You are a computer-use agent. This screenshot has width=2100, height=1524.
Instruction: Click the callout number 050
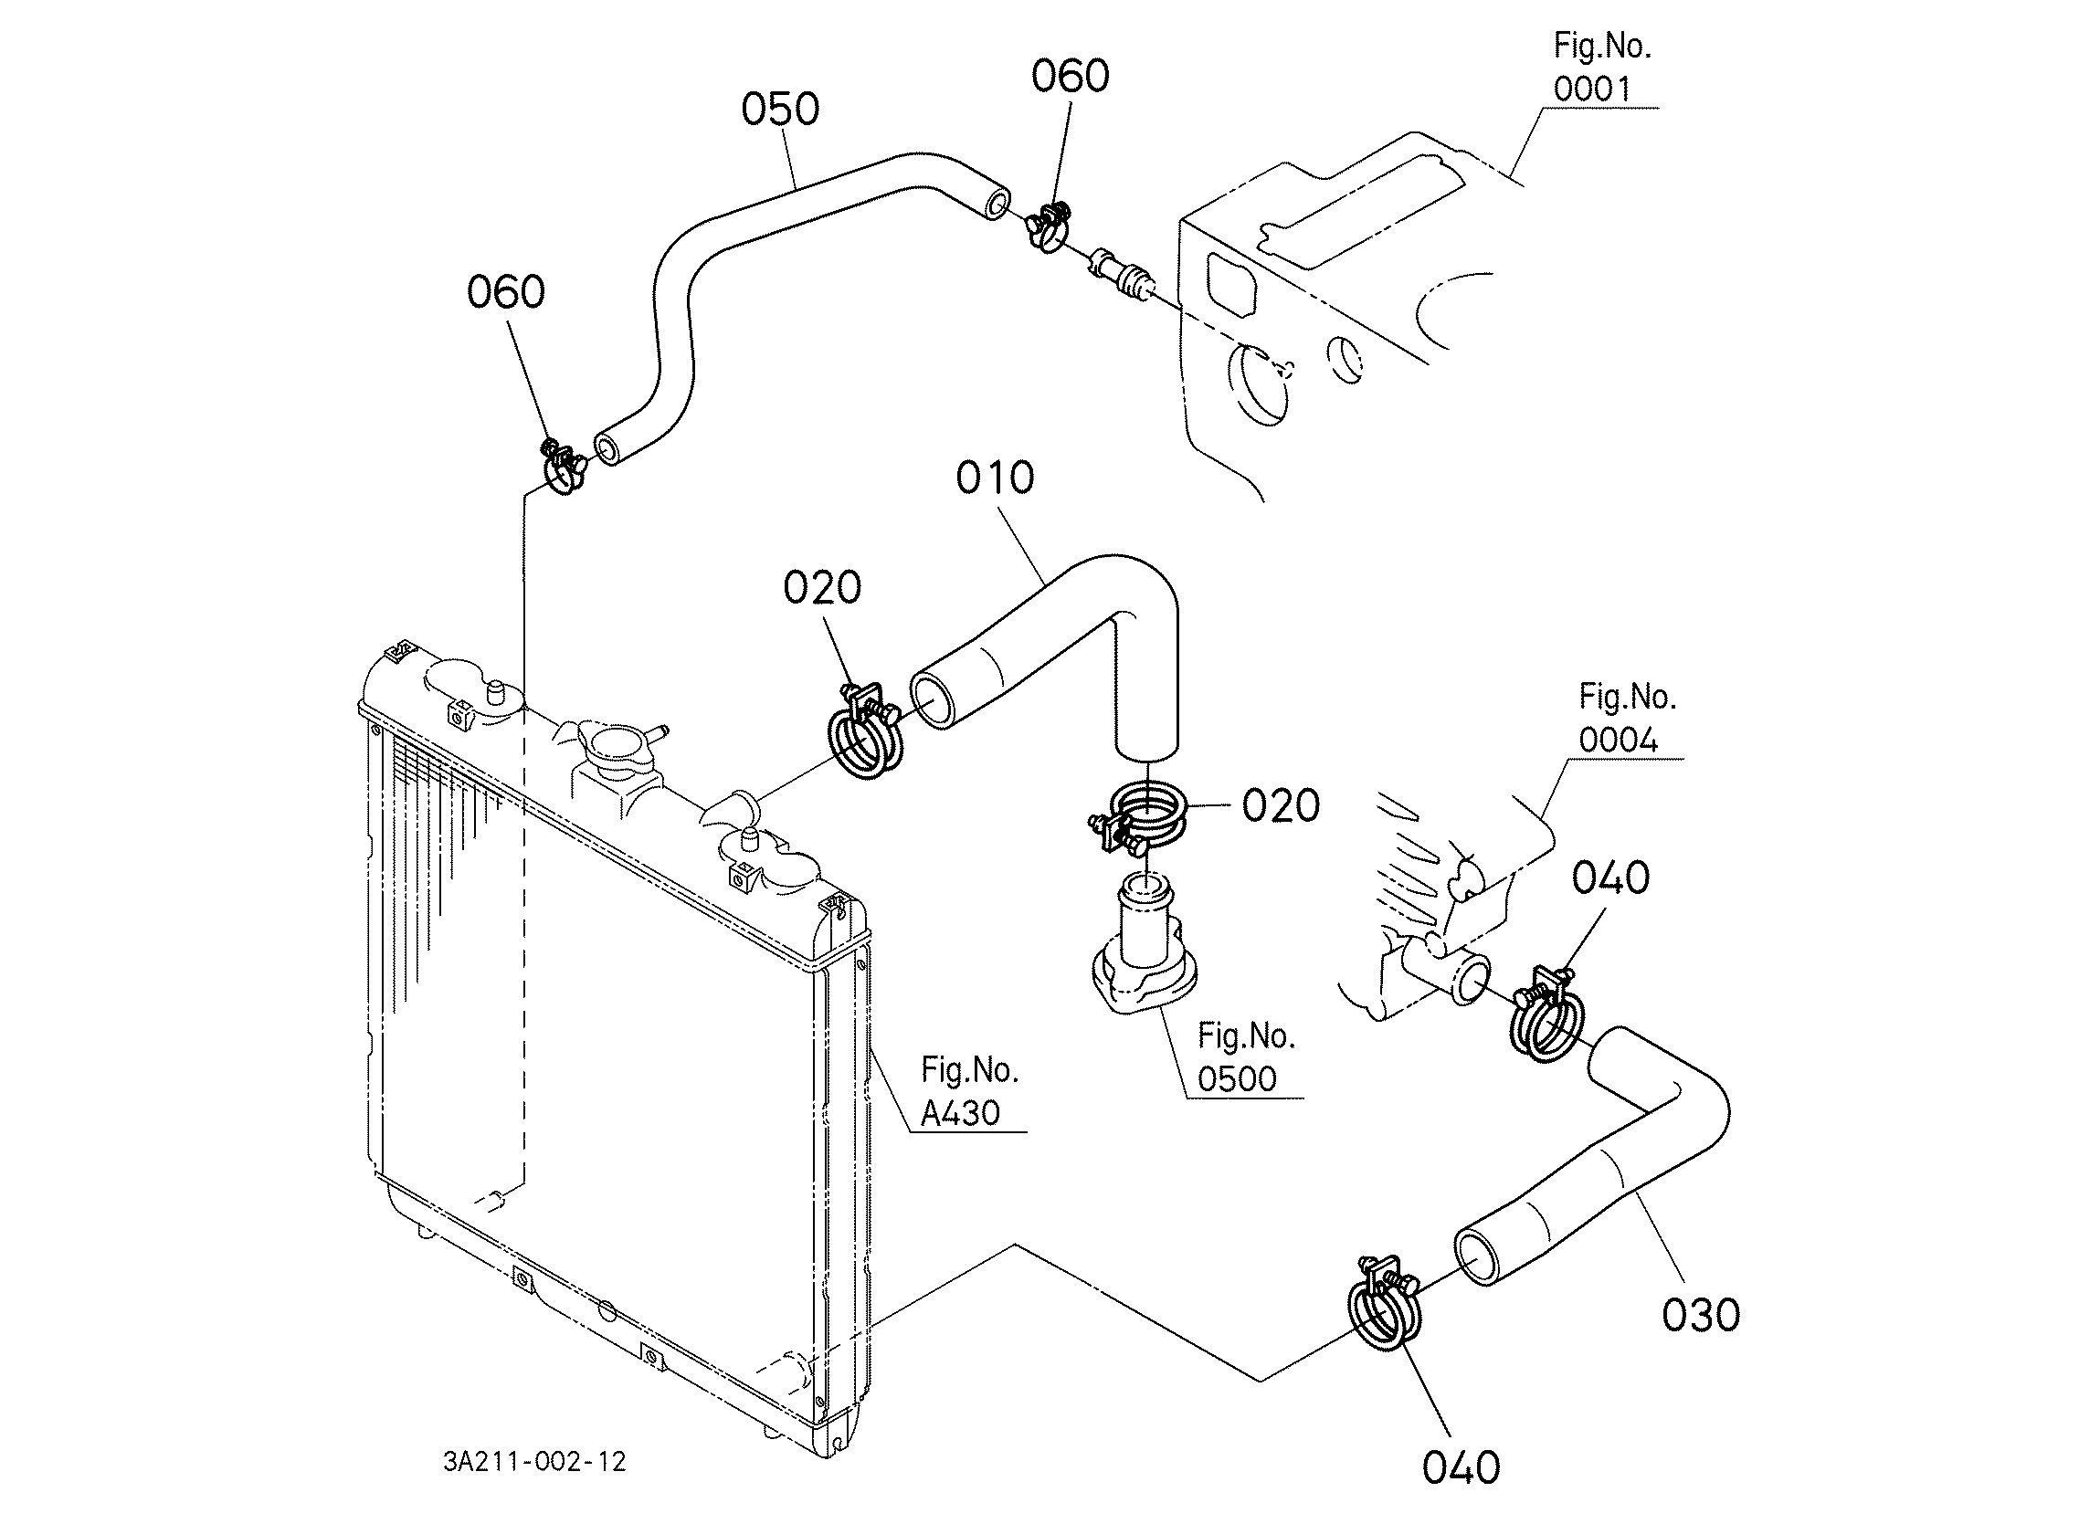780,110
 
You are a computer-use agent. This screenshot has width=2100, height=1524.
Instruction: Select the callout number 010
995,478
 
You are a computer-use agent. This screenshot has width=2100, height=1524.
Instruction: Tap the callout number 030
1701,1315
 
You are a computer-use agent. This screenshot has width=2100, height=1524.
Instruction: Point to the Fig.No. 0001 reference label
1603,68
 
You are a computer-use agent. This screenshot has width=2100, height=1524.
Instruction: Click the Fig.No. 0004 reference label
1628,719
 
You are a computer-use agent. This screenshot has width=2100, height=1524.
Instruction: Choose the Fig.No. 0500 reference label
1246,1057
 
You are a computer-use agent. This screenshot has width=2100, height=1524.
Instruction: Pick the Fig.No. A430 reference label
969,1091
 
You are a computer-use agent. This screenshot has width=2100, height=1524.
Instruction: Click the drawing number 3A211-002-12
534,1462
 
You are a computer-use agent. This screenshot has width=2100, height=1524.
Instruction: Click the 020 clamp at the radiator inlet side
864,731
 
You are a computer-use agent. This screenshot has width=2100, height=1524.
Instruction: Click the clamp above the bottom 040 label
1382,1305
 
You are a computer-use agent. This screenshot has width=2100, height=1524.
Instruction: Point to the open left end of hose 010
937,701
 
